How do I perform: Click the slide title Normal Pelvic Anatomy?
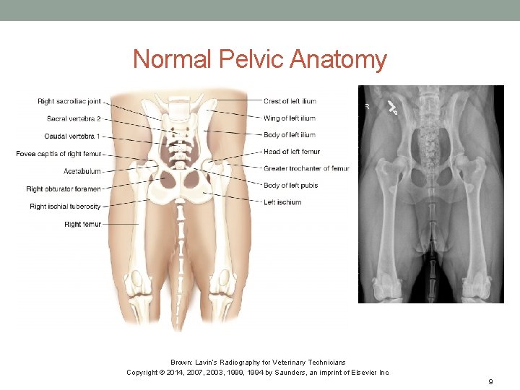coord(260,59)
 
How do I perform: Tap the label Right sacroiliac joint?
coord(69,101)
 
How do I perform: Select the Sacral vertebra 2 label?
coord(74,118)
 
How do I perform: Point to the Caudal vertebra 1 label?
coord(73,136)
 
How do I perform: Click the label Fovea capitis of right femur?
coord(59,153)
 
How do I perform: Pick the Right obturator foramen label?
coord(64,189)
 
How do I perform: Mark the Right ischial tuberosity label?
coord(65,207)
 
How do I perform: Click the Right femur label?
coord(82,225)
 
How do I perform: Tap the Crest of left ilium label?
coord(290,101)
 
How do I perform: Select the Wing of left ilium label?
coord(289,118)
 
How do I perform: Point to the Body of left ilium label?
coord(289,135)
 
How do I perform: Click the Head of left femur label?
coord(291,152)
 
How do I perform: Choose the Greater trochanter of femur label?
coord(305,169)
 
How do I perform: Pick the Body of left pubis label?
coord(290,186)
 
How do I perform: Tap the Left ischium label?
coord(282,202)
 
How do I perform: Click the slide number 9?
coord(490,381)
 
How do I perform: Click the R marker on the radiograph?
coord(367,106)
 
